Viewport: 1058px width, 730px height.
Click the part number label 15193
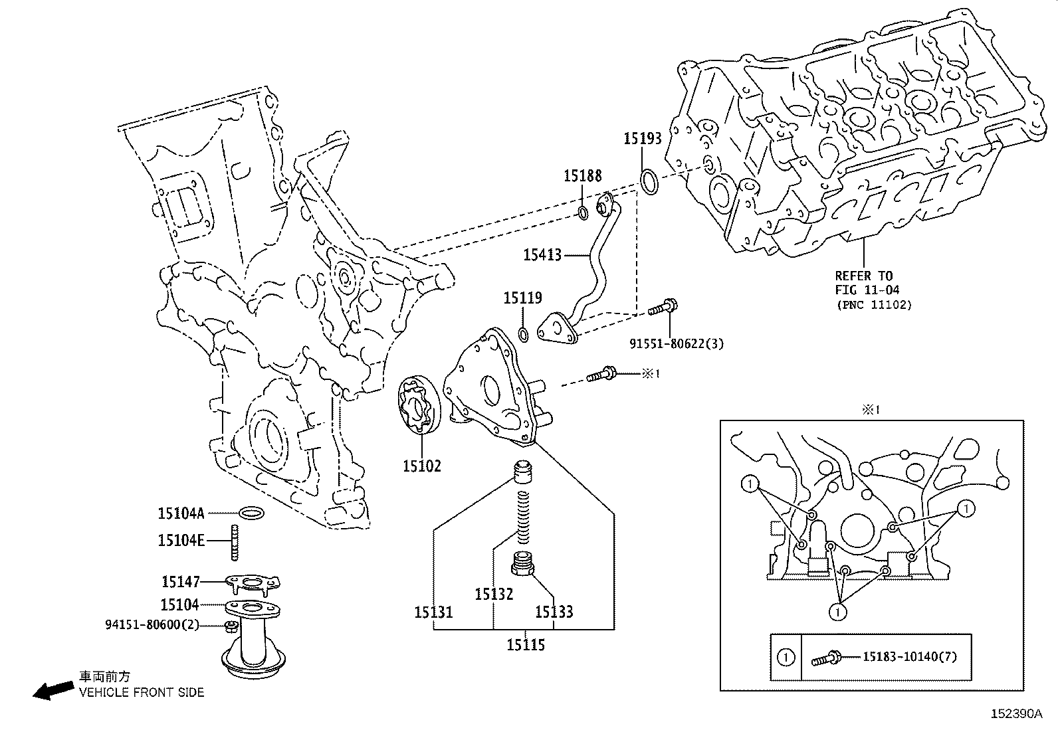pos(642,139)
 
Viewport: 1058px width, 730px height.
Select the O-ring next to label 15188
pos(582,213)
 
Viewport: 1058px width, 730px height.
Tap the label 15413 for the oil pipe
pos(542,255)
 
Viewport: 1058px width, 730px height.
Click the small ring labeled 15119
pos(523,333)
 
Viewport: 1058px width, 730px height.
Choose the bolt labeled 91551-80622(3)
pos(663,310)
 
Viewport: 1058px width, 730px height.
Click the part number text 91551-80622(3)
pos(676,343)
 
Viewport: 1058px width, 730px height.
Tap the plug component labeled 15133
pos(524,565)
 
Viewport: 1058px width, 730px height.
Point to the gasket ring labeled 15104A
pos(251,513)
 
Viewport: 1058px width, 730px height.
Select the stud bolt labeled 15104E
pos(235,541)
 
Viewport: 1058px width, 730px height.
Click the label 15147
pos(180,582)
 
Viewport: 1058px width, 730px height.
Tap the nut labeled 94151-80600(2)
pos(230,626)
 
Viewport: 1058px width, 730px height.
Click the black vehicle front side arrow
pos(53,691)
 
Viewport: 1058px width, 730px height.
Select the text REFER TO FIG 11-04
pos(863,283)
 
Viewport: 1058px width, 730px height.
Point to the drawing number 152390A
pos(1015,715)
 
